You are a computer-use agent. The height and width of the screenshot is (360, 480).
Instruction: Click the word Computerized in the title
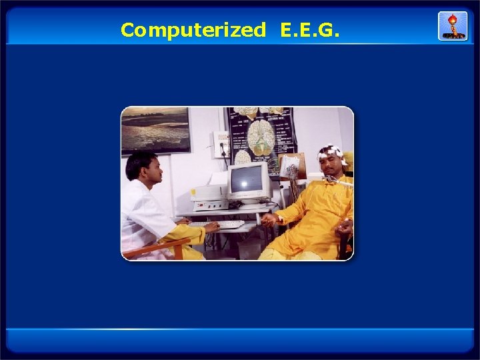(x=193, y=30)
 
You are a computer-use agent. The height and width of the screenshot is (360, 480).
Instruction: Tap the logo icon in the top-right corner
(x=452, y=25)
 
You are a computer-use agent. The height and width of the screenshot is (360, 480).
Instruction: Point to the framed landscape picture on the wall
(x=155, y=129)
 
